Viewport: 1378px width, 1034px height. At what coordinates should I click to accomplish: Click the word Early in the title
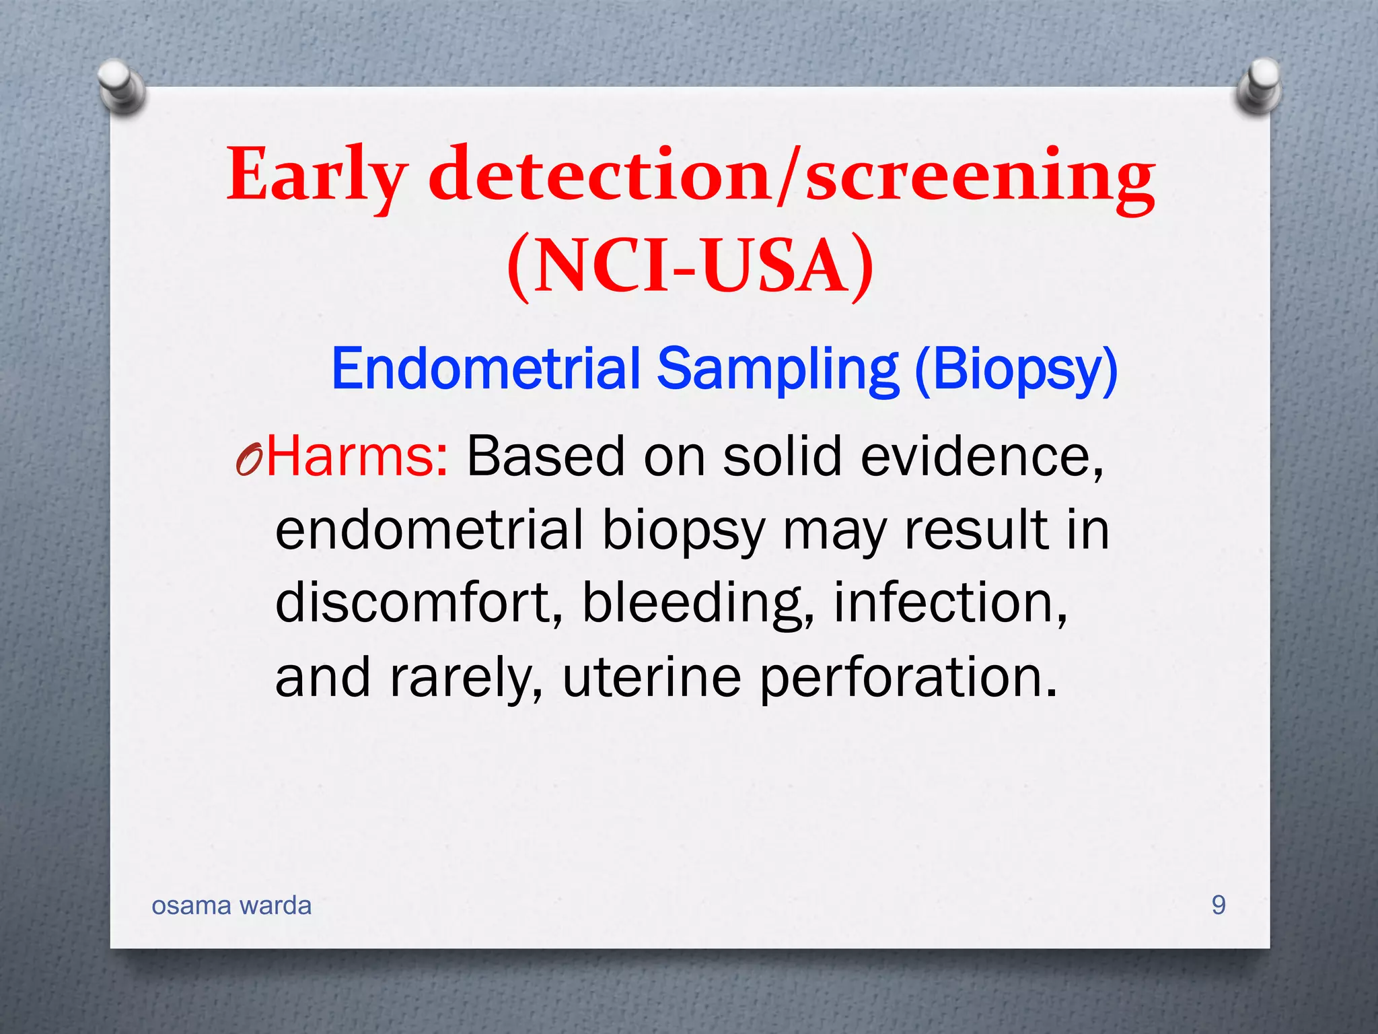316,176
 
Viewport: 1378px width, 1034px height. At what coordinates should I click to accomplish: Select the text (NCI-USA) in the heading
690,266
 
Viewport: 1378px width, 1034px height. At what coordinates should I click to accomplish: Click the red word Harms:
357,456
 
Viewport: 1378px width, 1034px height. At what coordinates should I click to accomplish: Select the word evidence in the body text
982,456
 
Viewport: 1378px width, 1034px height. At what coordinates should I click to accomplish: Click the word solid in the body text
783,456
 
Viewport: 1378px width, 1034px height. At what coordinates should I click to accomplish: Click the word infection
949,602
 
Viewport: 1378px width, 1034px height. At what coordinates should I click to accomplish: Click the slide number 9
1219,905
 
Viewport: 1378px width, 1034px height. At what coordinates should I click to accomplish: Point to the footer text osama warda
231,906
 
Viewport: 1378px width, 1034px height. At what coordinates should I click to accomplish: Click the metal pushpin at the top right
1260,85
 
